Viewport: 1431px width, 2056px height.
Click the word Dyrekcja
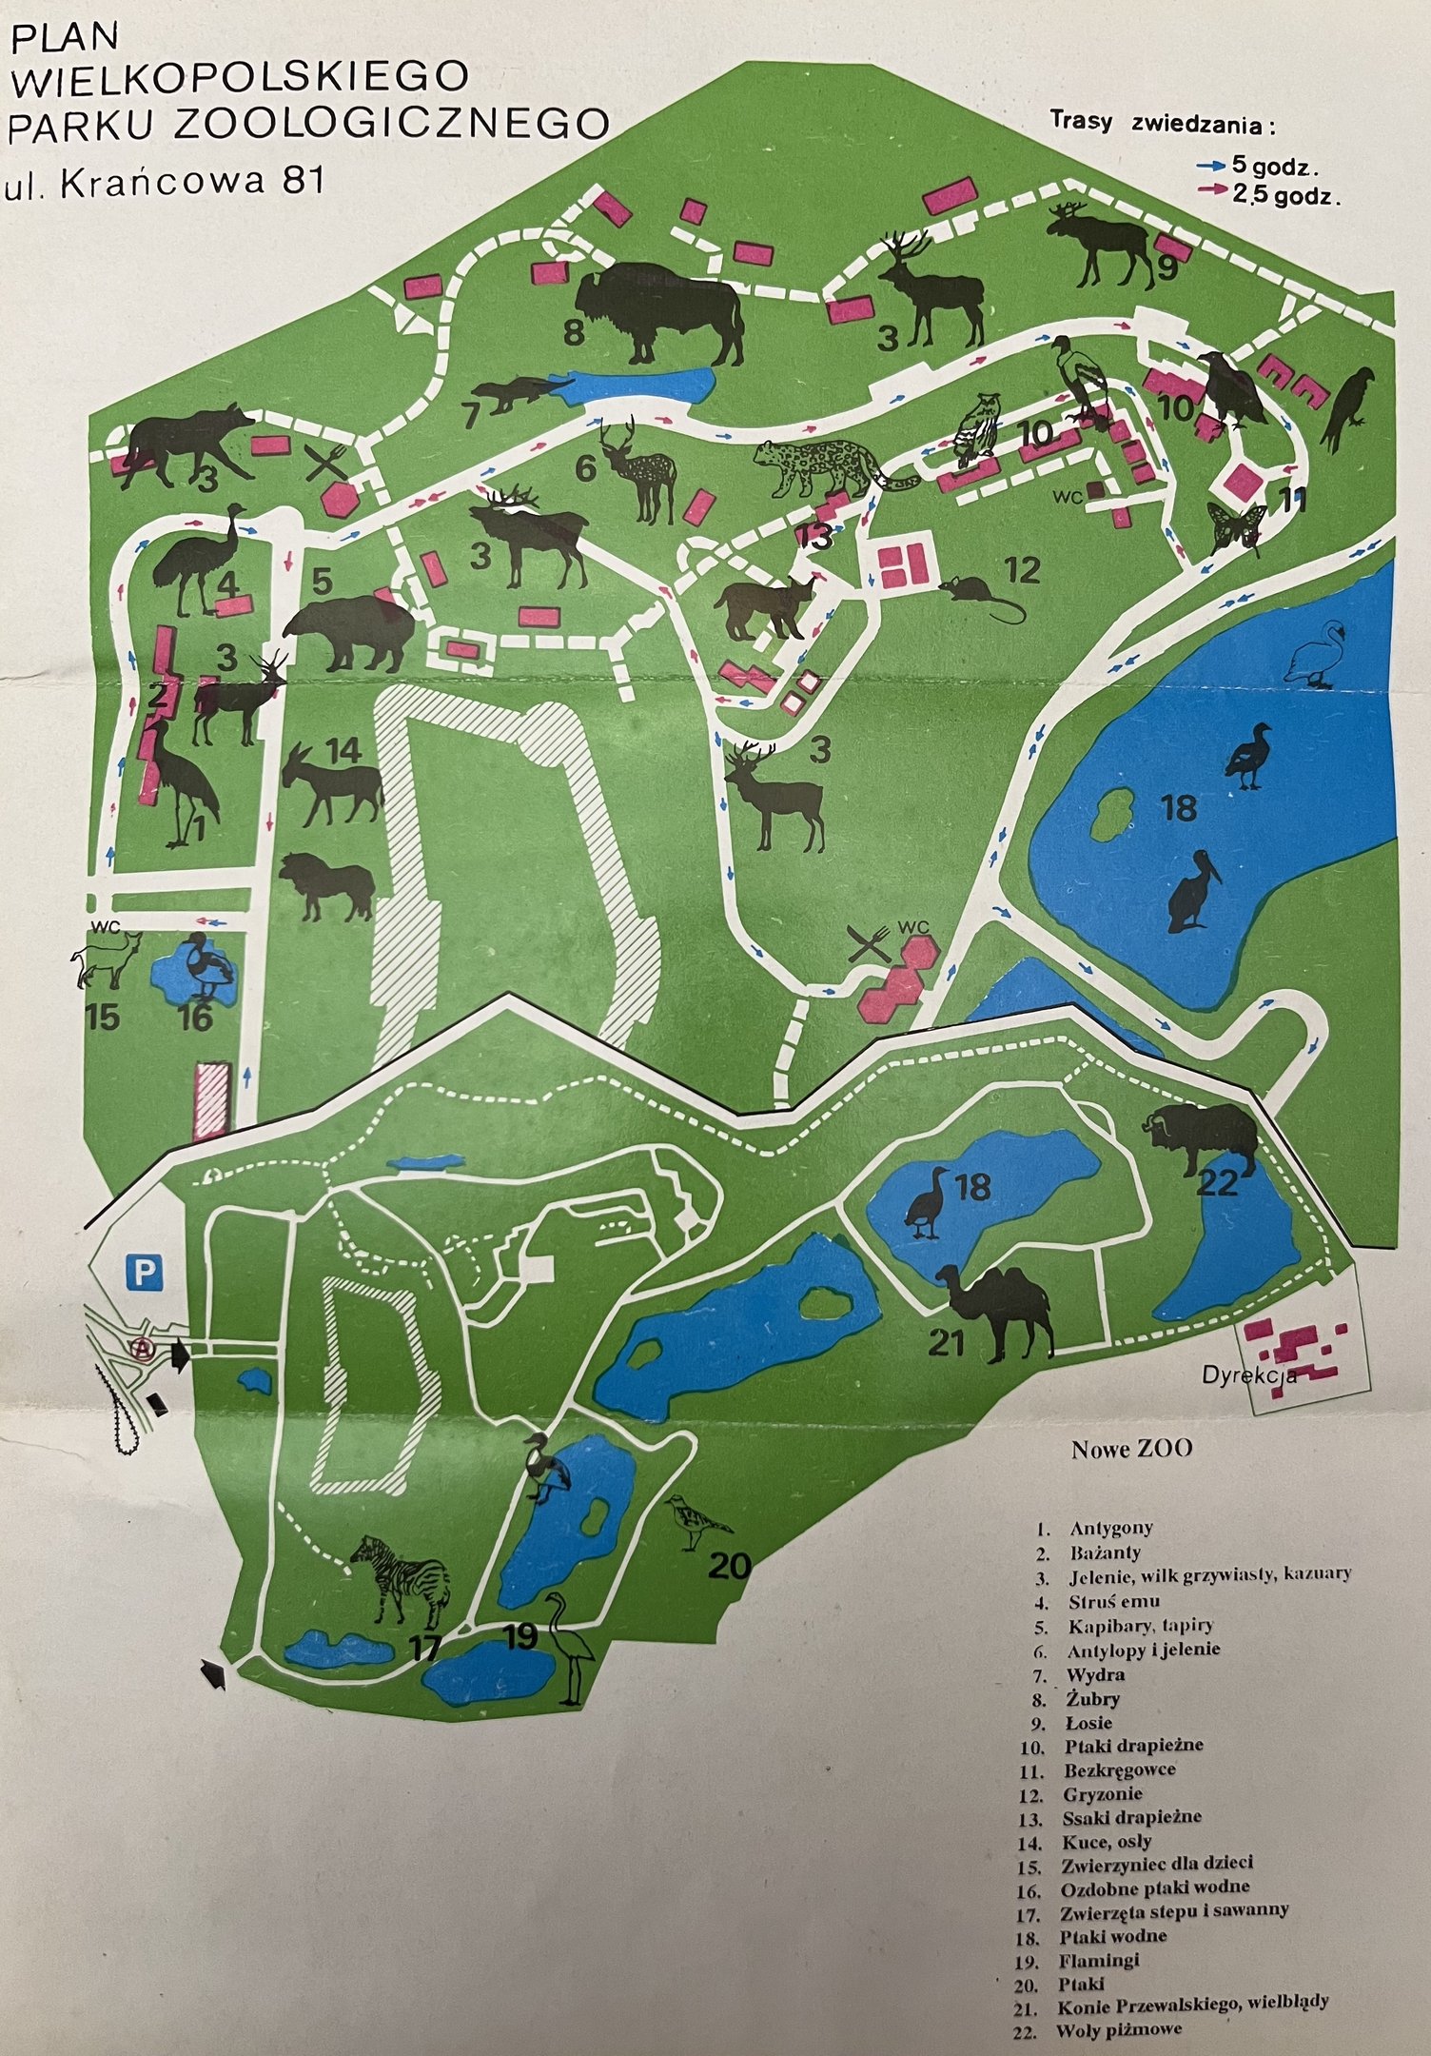(1248, 1375)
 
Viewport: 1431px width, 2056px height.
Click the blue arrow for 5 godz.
(1211, 165)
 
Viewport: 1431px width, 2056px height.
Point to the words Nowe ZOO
(1131, 1449)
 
